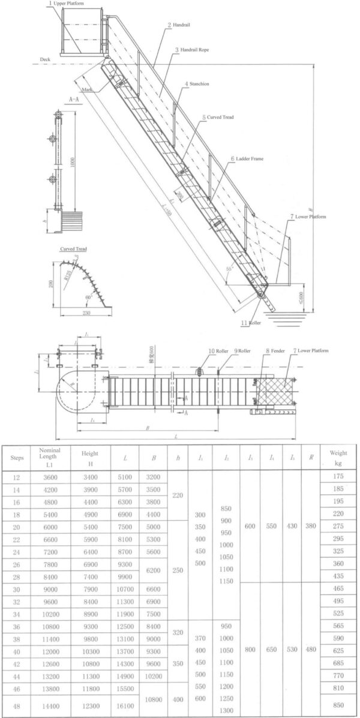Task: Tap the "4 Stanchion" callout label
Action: tap(197, 84)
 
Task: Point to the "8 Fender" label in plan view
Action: tap(274, 350)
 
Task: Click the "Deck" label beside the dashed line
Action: tap(46, 60)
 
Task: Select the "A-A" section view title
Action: tap(76, 98)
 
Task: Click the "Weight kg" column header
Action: tap(338, 458)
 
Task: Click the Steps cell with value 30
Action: tap(17, 590)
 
